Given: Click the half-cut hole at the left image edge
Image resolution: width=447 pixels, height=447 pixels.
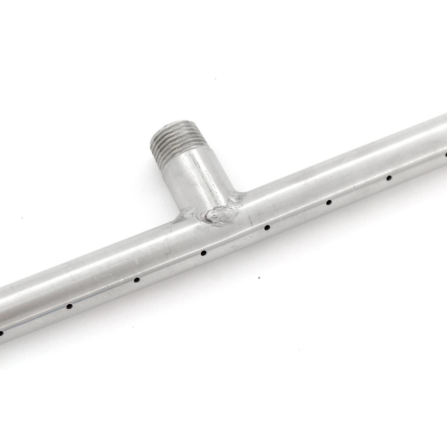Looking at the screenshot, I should coord(1,332).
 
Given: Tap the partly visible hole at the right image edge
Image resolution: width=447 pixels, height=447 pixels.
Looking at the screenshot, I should coord(446,154).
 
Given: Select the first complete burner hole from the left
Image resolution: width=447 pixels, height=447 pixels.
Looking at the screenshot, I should coord(69,306).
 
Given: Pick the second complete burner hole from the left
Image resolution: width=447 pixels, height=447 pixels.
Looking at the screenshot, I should coord(137,280).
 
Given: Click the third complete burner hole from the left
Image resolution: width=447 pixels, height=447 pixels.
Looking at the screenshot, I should coord(204,253).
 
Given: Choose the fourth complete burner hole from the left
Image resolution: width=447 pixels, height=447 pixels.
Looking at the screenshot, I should coord(267,228).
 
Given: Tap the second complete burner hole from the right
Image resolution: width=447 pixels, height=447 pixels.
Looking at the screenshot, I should coord(328,202).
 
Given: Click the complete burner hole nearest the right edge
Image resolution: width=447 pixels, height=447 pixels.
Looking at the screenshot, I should coord(389,178).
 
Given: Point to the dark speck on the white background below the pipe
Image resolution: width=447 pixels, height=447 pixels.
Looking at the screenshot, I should coord(259,278).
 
